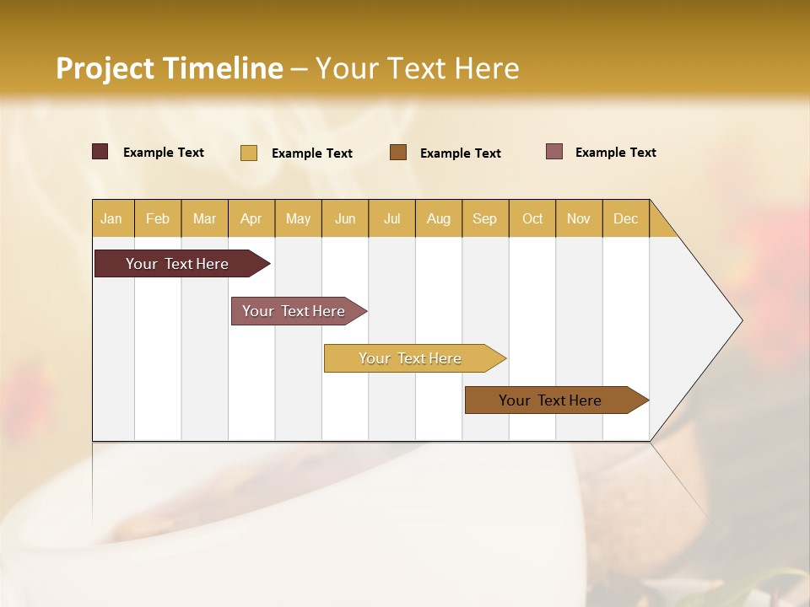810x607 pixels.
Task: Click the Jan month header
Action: pos(111,218)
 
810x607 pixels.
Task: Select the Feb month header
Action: pos(158,218)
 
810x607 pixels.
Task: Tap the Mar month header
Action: pos(204,218)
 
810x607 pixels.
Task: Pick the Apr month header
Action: pos(251,218)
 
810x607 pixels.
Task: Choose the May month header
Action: pos(298,218)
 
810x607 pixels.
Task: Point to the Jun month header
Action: pos(345,218)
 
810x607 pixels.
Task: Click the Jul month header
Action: pos(391,218)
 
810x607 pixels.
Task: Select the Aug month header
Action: pos(438,218)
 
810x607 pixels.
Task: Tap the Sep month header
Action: pos(484,218)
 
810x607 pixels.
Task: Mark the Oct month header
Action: pos(532,218)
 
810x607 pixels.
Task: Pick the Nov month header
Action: pos(579,218)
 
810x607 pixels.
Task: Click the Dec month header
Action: pos(625,218)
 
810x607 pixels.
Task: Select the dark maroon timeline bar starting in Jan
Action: pos(177,264)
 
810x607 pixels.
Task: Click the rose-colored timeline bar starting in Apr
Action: pos(294,311)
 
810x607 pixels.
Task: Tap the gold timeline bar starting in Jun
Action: pos(410,358)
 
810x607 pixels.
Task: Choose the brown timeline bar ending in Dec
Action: pos(550,400)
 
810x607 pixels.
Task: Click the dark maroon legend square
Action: pos(100,152)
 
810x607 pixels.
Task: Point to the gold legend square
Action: pos(249,153)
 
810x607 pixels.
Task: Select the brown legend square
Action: pos(398,152)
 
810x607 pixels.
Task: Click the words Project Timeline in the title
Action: pos(170,68)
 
